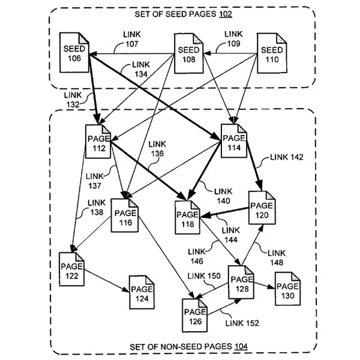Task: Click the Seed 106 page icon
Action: (x=74, y=53)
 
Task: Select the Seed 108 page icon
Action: (x=189, y=53)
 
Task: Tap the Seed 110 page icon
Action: (x=272, y=53)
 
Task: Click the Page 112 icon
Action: (x=98, y=142)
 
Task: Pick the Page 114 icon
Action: (x=234, y=141)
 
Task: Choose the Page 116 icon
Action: (x=125, y=215)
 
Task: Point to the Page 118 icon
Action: (x=188, y=217)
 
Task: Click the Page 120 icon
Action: (x=262, y=208)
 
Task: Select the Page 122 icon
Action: (x=71, y=269)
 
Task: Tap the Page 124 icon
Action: (x=142, y=292)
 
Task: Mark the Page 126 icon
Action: (x=195, y=316)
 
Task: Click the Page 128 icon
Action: (x=241, y=282)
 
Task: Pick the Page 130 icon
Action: (x=287, y=289)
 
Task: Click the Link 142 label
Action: (x=287, y=157)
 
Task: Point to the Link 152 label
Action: (x=242, y=323)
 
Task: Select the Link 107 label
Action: (x=132, y=39)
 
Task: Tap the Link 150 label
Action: (x=204, y=276)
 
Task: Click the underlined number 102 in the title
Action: (x=226, y=14)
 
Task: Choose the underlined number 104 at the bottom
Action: (x=241, y=346)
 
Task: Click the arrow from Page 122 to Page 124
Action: (x=107, y=281)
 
